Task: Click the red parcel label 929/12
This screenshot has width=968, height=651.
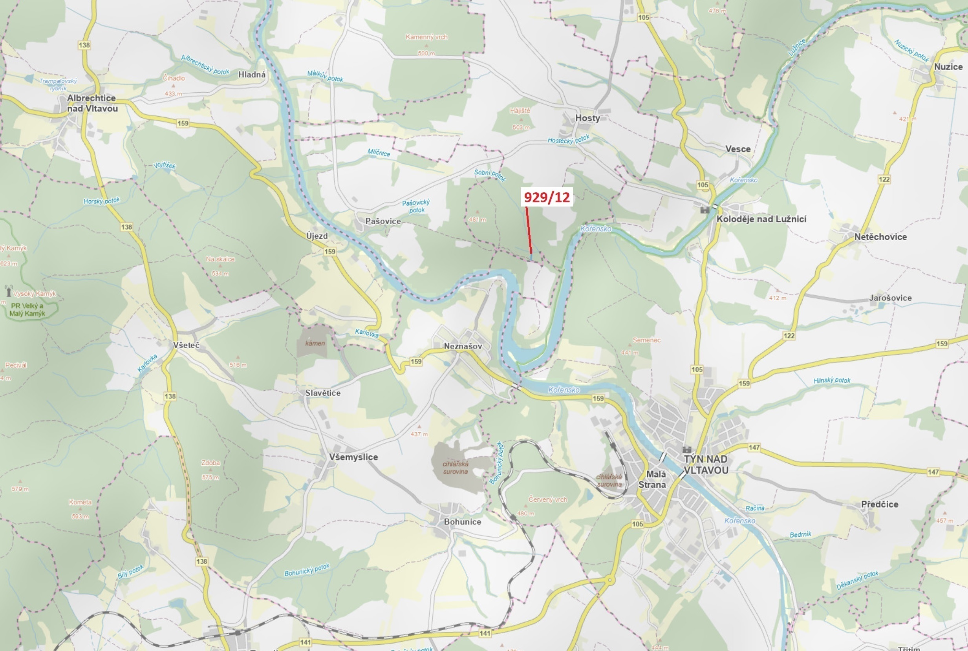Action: (x=547, y=197)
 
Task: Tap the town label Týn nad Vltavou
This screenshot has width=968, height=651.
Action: (x=706, y=464)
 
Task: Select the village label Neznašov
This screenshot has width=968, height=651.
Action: (x=463, y=346)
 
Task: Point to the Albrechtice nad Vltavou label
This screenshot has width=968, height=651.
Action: (x=92, y=103)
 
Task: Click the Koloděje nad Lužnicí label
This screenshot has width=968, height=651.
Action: (x=761, y=219)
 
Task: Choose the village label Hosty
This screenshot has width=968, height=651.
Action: (x=587, y=118)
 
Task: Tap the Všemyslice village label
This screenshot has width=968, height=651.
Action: (x=353, y=457)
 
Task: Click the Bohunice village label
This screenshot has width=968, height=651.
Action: (x=462, y=522)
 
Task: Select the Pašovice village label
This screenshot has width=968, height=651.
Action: (x=383, y=221)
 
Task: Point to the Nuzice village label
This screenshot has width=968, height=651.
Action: (x=948, y=67)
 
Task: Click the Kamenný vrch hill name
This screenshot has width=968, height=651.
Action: (x=426, y=37)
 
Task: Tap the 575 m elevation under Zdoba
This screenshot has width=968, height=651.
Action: (x=210, y=477)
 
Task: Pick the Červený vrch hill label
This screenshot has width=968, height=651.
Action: (x=547, y=500)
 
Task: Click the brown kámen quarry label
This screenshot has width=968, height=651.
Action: (x=315, y=343)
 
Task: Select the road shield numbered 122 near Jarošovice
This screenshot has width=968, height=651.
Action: (x=789, y=335)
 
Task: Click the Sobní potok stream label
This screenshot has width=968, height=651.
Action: (x=490, y=175)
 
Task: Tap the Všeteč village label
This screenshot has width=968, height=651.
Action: (x=187, y=345)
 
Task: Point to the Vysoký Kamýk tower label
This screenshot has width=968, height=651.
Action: (x=34, y=294)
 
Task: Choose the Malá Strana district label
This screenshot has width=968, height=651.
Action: (x=652, y=479)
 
